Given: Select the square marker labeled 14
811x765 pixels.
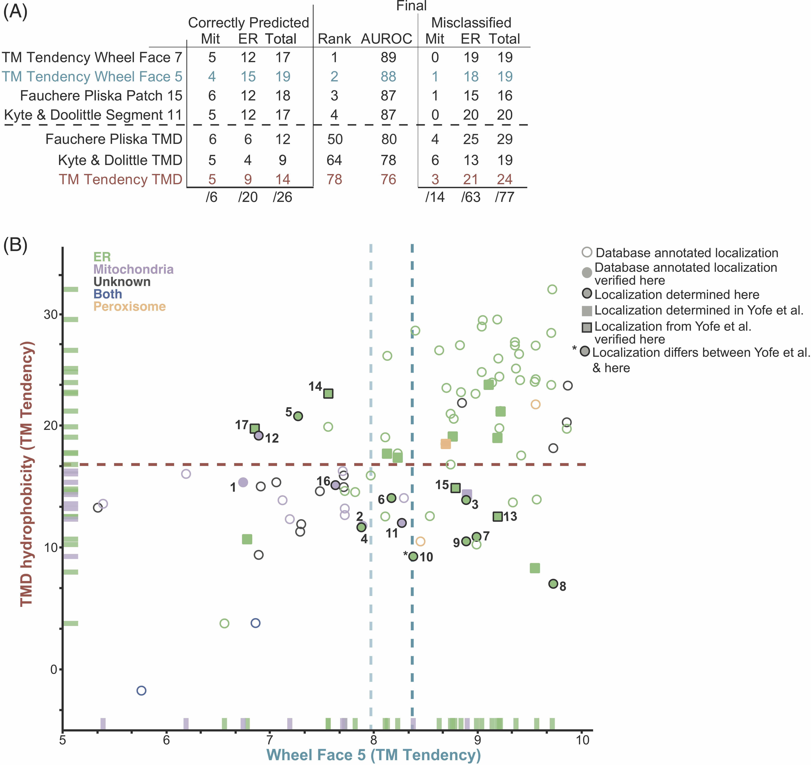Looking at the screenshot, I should tap(328, 393).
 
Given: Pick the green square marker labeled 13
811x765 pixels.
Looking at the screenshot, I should tap(497, 516).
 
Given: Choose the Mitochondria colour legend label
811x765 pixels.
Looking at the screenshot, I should tap(133, 269).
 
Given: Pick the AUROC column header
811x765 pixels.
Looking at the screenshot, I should tap(386, 39).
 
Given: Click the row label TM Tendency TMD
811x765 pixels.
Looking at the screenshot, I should tap(120, 179).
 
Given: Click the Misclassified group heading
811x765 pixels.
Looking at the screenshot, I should tap(471, 22).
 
